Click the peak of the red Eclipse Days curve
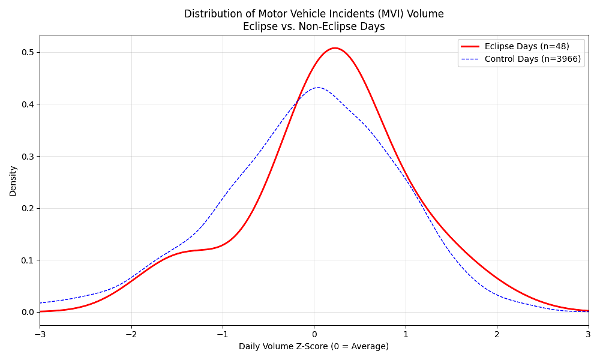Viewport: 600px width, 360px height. click(x=335, y=48)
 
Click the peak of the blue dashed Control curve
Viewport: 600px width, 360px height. click(x=317, y=88)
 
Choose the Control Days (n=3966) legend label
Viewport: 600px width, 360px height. click(x=532, y=59)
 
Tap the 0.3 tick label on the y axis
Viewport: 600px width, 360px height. click(x=28, y=156)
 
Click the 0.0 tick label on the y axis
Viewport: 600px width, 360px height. click(x=28, y=312)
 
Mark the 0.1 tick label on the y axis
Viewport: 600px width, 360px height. click(x=28, y=260)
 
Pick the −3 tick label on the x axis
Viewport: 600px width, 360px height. click(x=40, y=334)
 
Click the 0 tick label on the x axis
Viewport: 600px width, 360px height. click(x=314, y=334)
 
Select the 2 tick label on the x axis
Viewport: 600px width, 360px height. click(x=497, y=334)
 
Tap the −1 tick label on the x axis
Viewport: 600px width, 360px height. click(x=223, y=334)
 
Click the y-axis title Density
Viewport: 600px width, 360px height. click(x=13, y=181)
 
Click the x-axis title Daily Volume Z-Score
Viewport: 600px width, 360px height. click(x=313, y=346)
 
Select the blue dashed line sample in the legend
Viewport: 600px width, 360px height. click(x=470, y=59)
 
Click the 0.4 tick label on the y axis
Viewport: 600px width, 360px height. click(x=28, y=104)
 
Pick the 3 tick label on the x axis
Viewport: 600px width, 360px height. click(x=588, y=334)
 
